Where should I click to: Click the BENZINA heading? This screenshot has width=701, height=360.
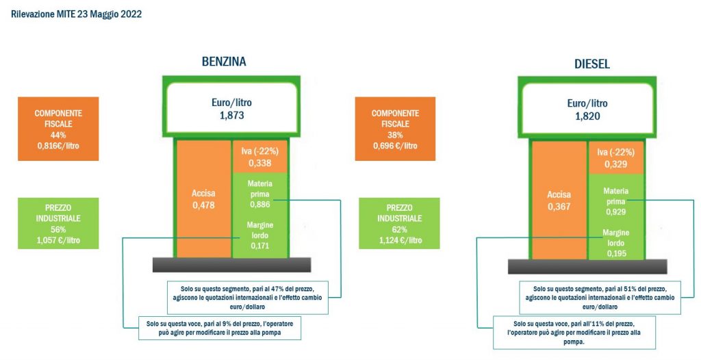(224, 62)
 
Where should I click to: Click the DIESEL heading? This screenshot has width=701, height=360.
(592, 64)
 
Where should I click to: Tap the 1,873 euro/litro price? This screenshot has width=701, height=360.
(231, 116)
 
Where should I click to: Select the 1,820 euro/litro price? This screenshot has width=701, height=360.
(588, 116)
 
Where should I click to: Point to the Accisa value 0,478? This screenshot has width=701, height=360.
(203, 205)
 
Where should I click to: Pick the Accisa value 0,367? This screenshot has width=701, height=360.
(559, 207)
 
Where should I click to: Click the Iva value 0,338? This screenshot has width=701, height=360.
(259, 163)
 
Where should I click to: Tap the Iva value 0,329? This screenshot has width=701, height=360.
(615, 164)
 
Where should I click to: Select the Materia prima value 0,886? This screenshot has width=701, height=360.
(259, 205)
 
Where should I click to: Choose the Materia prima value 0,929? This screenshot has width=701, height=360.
(615, 212)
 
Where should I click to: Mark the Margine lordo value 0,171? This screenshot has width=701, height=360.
(259, 246)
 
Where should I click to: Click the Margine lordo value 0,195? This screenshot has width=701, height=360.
(615, 253)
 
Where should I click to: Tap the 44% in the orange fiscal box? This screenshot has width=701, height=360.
(58, 135)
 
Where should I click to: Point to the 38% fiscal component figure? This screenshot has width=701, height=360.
(395, 135)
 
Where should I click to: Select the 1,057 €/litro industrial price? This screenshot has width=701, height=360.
(58, 240)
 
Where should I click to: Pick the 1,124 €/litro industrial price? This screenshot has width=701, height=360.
(399, 240)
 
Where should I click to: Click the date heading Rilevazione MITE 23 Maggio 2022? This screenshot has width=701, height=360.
(77, 14)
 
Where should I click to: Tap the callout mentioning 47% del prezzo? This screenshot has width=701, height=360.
(248, 298)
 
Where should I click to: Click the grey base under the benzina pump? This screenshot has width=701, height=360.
(231, 265)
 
